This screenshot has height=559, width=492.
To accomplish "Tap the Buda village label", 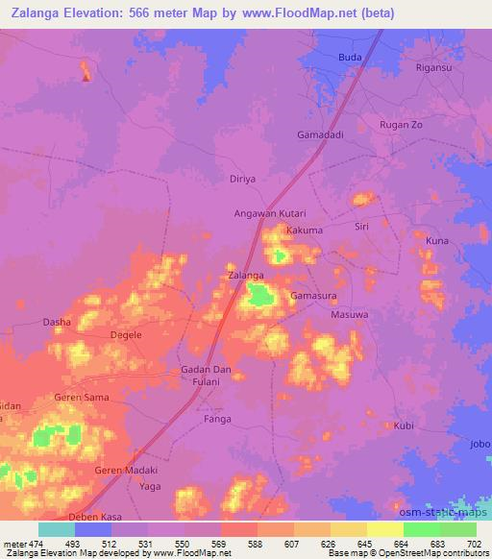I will (x=349, y=58).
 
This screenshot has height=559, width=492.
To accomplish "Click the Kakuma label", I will (x=304, y=231).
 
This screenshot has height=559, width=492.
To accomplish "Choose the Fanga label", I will (x=217, y=419).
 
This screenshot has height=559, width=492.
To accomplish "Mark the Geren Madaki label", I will (x=125, y=470).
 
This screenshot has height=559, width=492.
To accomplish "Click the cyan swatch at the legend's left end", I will (x=57, y=530).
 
